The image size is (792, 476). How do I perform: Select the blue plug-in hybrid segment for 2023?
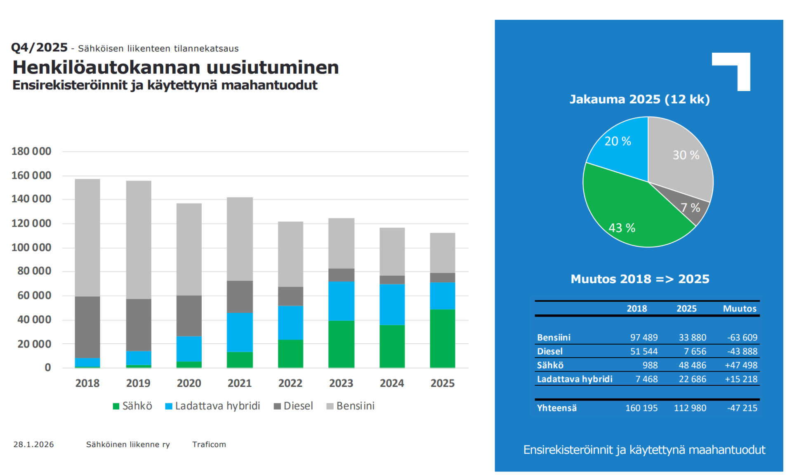click(x=341, y=301)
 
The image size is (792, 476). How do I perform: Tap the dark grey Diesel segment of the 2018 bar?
click(x=87, y=327)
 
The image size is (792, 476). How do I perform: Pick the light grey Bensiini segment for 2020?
click(x=189, y=249)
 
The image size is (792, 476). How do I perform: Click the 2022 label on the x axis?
click(x=290, y=383)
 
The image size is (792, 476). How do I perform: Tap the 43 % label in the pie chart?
click(x=622, y=228)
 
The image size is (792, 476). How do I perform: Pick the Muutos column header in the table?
click(x=740, y=309)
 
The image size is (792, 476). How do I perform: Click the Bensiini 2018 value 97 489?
click(x=643, y=338)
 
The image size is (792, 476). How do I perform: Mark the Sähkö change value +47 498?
click(x=741, y=365)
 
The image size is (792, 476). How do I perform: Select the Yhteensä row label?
click(x=556, y=408)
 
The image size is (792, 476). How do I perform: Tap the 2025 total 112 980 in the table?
click(x=690, y=408)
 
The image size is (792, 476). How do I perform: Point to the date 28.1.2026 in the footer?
click(x=33, y=444)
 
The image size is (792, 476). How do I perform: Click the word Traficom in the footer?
click(x=209, y=444)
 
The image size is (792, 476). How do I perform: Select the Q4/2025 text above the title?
click(x=39, y=48)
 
